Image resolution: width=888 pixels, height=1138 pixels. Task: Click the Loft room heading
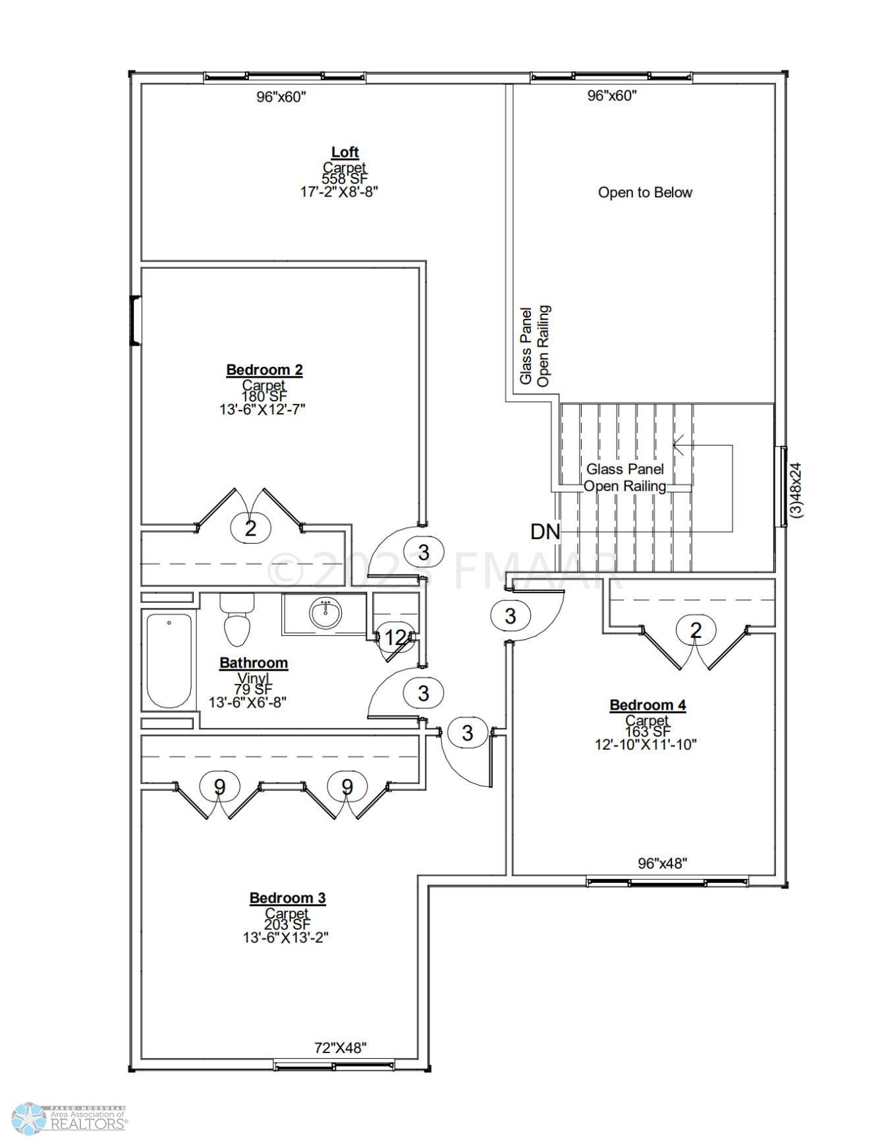[x=345, y=152]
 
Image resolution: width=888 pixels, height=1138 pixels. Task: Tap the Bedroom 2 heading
[x=264, y=370]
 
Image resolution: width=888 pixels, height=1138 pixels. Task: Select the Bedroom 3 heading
[x=287, y=897]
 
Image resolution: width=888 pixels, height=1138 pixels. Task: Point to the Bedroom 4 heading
[x=648, y=705]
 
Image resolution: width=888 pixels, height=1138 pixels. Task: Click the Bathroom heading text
[x=254, y=663]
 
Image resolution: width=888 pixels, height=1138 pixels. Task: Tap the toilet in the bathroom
[x=236, y=619]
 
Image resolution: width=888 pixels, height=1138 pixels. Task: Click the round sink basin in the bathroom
[x=325, y=613]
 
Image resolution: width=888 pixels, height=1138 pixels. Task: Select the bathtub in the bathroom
[x=169, y=661]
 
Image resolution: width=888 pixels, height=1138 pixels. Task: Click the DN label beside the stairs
[x=545, y=532]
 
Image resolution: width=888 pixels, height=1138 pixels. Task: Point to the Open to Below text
[x=645, y=192]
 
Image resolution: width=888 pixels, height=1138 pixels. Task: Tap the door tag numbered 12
[x=395, y=637]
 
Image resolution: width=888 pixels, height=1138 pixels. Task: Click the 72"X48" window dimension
[x=341, y=1048]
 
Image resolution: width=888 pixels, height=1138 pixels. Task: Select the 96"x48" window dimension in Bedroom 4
[x=662, y=863]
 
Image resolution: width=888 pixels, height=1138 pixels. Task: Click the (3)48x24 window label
[x=796, y=490]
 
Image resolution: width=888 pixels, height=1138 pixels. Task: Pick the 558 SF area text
[x=344, y=179]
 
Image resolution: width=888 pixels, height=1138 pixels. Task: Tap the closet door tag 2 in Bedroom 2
[x=250, y=528]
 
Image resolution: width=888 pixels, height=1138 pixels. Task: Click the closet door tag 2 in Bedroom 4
[x=696, y=631]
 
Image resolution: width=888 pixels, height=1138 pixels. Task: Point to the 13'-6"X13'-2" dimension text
[x=285, y=936]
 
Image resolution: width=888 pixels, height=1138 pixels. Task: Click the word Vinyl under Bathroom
[x=254, y=677]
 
